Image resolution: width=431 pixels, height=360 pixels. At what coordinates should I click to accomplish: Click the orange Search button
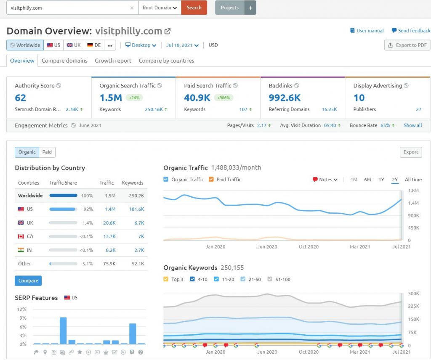194,8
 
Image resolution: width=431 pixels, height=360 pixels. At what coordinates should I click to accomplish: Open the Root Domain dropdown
160,8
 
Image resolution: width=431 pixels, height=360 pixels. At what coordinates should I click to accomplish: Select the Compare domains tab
64,61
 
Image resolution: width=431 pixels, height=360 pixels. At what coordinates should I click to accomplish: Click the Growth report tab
113,61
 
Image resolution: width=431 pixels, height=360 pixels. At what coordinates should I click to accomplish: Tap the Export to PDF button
407,45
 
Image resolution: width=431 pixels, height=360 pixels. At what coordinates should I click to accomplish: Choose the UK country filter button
74,45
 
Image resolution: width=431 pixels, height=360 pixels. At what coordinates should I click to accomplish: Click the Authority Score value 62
20,98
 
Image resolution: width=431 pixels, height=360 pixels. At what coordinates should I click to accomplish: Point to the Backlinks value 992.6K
285,98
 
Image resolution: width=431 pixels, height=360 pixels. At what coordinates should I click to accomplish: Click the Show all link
412,125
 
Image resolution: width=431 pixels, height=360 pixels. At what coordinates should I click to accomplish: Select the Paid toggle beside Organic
47,152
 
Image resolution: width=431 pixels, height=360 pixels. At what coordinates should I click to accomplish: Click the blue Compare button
28,281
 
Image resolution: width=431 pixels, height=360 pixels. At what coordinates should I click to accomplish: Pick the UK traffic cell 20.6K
109,223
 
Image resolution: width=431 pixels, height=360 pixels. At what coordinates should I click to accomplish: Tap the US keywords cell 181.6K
137,209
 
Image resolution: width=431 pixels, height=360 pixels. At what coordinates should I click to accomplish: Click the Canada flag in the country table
21,236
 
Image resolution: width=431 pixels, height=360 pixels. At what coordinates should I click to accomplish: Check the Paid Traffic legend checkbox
211,179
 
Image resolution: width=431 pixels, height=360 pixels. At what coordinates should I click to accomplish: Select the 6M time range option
367,180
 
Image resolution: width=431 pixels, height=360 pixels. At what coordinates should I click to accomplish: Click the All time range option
413,180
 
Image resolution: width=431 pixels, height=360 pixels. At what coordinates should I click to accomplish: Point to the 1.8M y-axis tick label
413,191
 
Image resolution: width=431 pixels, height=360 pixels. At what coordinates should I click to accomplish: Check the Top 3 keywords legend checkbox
166,279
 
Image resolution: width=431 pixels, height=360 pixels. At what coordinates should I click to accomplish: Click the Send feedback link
411,30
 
